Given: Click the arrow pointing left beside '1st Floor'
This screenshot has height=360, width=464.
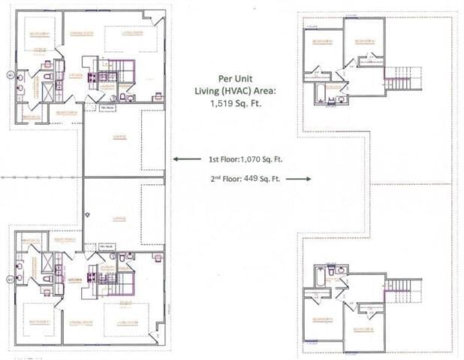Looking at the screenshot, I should [181, 159].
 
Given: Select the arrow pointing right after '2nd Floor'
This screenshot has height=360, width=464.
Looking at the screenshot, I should [299, 179].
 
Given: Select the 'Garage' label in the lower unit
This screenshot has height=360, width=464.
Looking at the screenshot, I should [119, 219].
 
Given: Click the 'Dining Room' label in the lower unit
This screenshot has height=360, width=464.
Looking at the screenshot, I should [80, 322].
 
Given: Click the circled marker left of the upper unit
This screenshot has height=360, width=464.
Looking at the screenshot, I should [10, 75].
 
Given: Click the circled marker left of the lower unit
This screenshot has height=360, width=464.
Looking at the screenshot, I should [10, 279].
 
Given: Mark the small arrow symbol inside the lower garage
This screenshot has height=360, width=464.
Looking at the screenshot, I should [88, 215].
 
